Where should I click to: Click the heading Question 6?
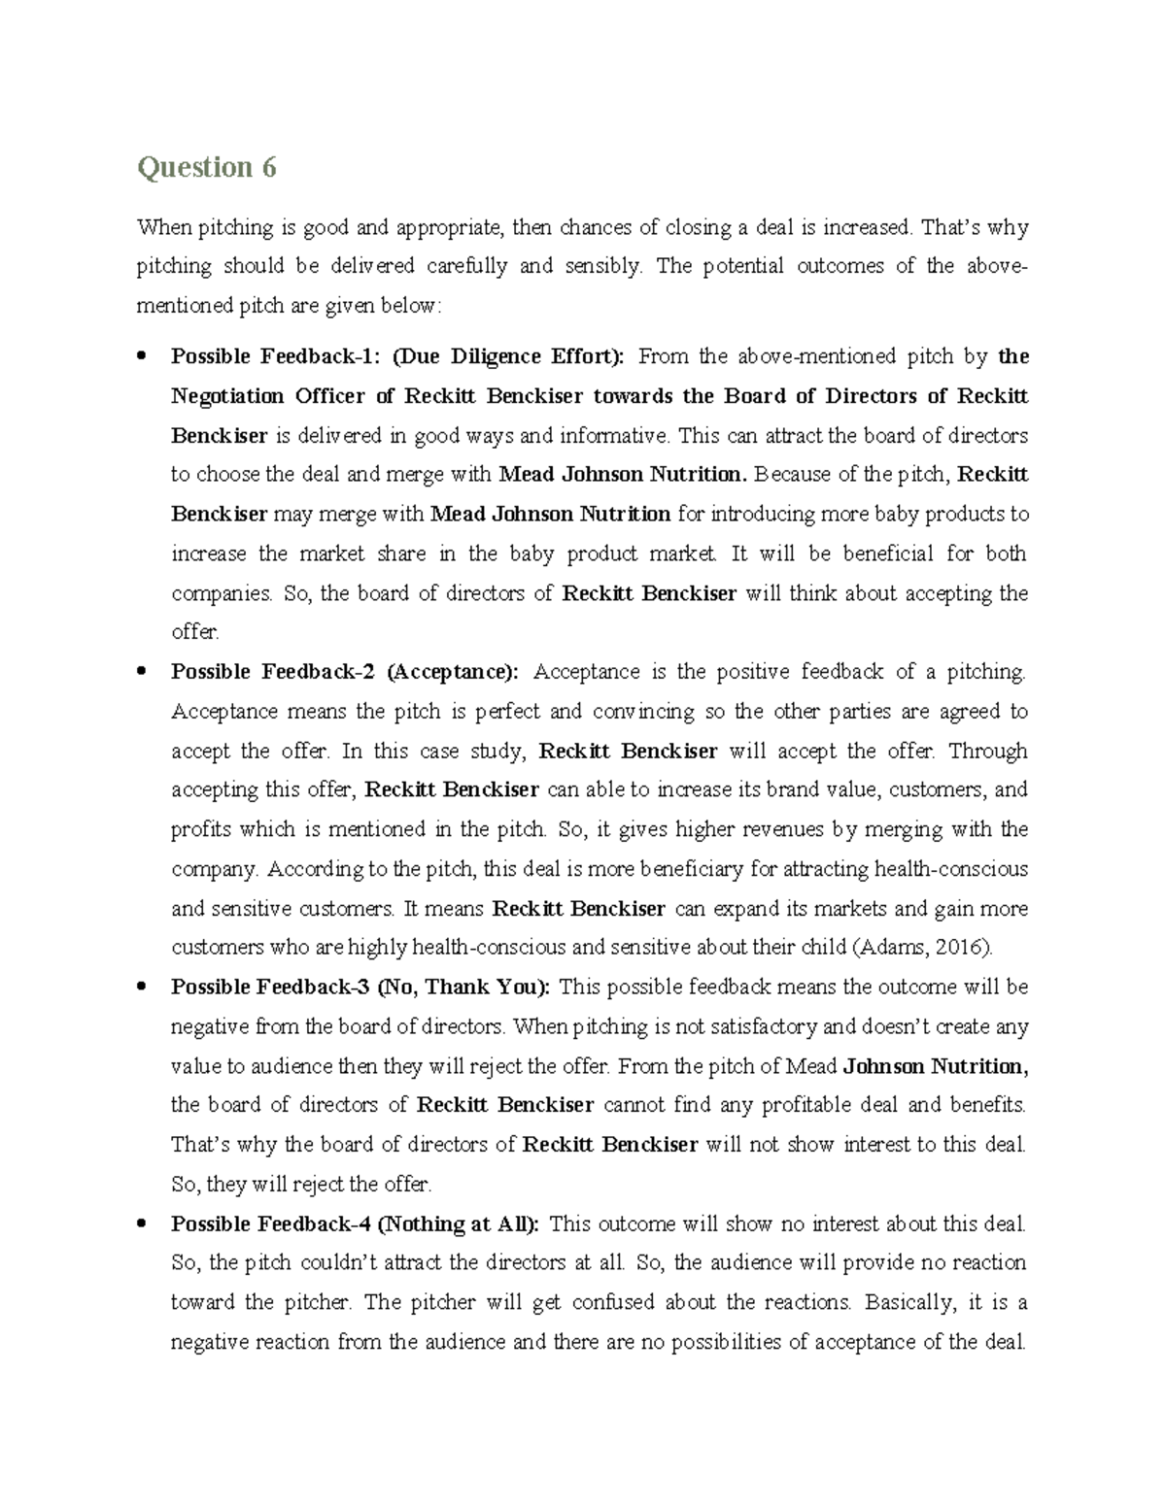coord(206,168)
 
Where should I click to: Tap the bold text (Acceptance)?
coord(453,672)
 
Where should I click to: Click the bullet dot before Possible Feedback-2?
coord(143,672)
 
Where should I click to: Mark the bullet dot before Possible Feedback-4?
coord(143,1224)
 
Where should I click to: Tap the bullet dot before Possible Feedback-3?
coord(143,988)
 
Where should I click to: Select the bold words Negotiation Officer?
coord(282,396)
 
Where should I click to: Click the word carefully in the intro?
coord(465,266)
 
